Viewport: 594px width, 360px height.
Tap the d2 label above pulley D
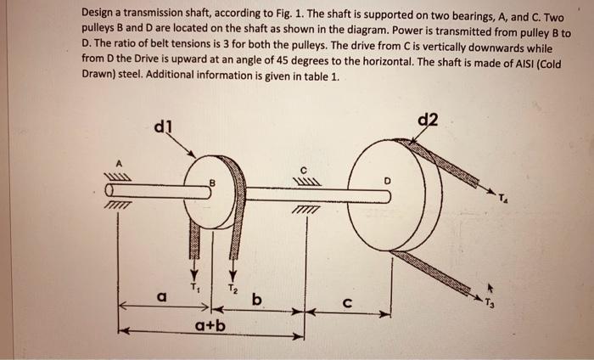pos(429,120)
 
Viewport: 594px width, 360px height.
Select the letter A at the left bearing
pos(120,160)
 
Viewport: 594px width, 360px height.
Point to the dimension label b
pos(256,298)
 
